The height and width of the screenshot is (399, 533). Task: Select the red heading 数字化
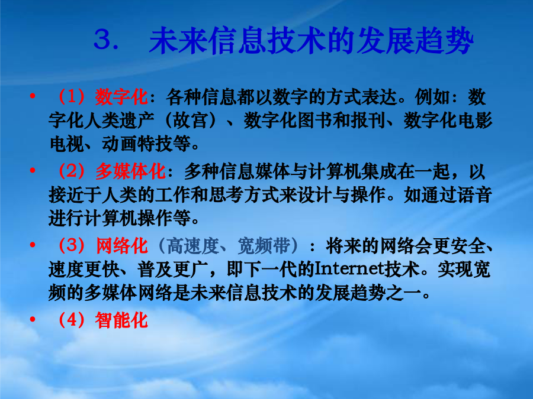pyautogui.click(x=121, y=97)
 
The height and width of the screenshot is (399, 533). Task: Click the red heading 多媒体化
pyautogui.click(x=130, y=171)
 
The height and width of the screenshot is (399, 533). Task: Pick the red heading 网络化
pyautogui.click(x=121, y=246)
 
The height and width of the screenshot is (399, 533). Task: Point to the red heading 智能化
pyautogui.click(x=121, y=320)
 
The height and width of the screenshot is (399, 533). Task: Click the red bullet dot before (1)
pyautogui.click(x=33, y=96)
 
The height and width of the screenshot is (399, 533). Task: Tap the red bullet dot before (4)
pyautogui.click(x=33, y=319)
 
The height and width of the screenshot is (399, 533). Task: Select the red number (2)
pyautogui.click(x=72, y=171)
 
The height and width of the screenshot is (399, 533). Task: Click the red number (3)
pyautogui.click(x=72, y=246)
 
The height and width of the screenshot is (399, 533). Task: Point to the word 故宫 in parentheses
pyautogui.click(x=191, y=121)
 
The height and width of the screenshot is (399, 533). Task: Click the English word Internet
pyautogui.click(x=350, y=269)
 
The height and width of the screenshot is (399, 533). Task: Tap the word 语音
pyautogui.click(x=474, y=194)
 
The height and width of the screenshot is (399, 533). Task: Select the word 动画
pyautogui.click(x=120, y=144)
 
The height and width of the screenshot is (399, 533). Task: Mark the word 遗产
pyautogui.click(x=137, y=121)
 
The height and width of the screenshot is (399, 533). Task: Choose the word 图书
pyautogui.click(x=315, y=121)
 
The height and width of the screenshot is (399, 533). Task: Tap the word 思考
pyautogui.click(x=226, y=194)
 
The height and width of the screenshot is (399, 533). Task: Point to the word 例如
pyautogui.click(x=432, y=97)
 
